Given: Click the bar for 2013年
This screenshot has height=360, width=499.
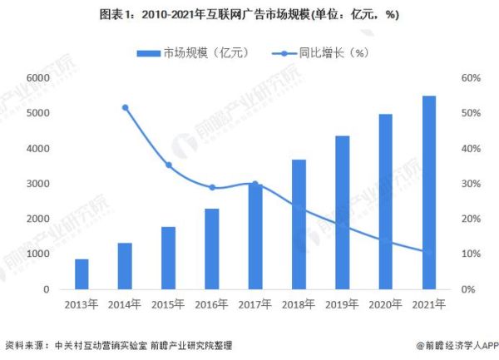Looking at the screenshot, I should (x=82, y=274).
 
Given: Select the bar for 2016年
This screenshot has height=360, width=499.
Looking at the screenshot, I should (x=212, y=249).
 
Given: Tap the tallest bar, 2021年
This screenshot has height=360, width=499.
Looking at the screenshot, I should (x=429, y=192).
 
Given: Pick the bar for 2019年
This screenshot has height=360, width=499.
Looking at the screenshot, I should (x=343, y=213).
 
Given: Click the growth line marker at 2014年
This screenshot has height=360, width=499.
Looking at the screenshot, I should (x=125, y=107).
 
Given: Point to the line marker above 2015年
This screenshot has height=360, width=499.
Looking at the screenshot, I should (x=168, y=165).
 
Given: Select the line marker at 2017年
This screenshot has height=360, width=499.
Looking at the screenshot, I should (x=255, y=184).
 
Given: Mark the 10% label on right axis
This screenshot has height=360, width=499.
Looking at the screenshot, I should (x=471, y=254).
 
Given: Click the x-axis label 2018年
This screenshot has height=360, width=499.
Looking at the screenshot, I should (x=299, y=305).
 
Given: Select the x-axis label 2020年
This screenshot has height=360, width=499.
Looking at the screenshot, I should (x=386, y=305).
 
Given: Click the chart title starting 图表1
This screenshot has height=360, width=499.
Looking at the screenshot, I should (x=249, y=14).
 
